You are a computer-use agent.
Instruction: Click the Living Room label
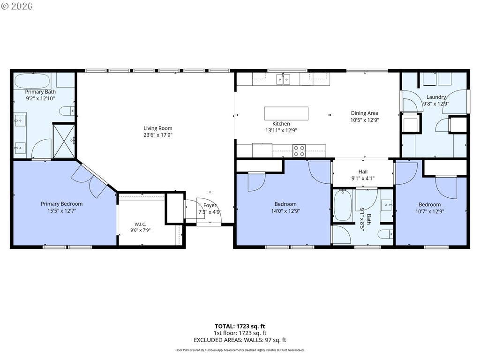click(157, 128)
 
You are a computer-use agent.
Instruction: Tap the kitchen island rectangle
click(286, 113)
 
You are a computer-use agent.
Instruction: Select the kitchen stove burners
click(299, 150)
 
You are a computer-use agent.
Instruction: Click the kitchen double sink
click(283, 80)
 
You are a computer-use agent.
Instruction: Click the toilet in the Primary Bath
click(67, 111)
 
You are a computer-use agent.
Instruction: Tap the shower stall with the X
click(64, 141)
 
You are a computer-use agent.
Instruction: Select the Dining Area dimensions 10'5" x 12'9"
click(365, 120)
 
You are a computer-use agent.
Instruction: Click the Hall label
click(363, 172)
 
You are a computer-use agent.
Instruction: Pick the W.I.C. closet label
click(140, 224)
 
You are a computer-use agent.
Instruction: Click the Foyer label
click(210, 205)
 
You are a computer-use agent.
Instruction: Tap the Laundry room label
click(436, 97)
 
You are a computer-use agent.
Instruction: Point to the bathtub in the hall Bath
click(343, 205)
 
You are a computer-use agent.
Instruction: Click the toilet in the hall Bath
click(385, 234)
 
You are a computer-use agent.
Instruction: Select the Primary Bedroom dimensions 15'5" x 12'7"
click(61, 210)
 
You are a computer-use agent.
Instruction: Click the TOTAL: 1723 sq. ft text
click(240, 326)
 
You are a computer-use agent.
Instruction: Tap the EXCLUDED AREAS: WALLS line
click(240, 340)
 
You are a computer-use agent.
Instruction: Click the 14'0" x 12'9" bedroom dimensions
click(285, 211)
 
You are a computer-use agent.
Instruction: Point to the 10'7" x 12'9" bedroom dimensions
click(429, 211)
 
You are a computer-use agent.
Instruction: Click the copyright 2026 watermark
click(17, 6)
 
